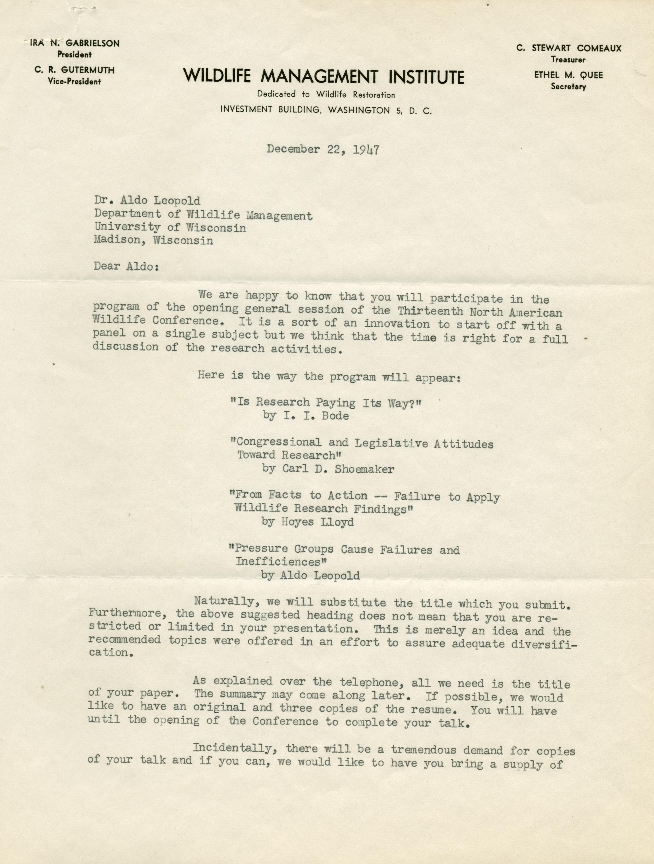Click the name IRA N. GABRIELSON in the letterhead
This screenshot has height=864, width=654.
[x=74, y=43]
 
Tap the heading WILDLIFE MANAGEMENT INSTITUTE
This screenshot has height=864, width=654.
[x=323, y=76]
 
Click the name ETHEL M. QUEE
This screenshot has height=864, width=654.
[x=568, y=75]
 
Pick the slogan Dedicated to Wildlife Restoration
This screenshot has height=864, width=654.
[x=326, y=95]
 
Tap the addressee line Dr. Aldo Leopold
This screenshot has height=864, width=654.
[x=147, y=201]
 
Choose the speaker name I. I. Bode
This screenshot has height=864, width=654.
[x=306, y=416]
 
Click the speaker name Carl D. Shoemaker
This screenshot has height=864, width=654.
[x=328, y=469]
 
